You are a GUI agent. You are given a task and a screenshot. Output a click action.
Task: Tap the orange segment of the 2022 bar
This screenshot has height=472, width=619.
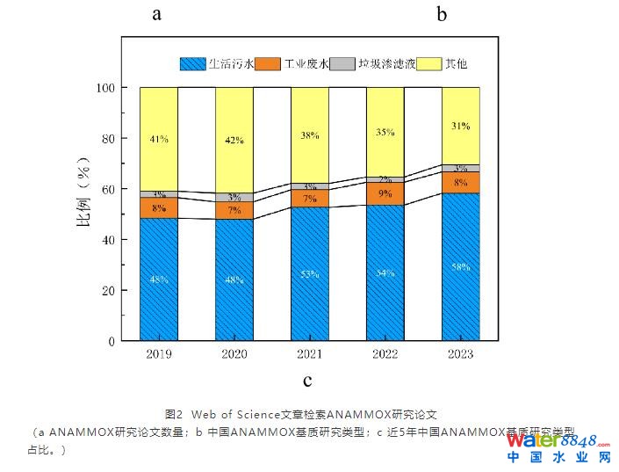coord(385,193)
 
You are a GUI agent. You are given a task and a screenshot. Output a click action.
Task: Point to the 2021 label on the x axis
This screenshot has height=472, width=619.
coord(310,354)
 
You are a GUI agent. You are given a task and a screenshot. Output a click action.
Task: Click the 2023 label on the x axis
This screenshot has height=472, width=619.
coord(460,354)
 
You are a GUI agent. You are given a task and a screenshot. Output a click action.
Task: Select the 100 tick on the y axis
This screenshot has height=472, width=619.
coord(105,88)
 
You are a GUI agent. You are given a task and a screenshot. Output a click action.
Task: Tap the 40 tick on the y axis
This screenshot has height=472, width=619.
coord(109,240)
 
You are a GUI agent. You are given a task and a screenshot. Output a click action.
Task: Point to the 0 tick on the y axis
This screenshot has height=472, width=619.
coord(112,341)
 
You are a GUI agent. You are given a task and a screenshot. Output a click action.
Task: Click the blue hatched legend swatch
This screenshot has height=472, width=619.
coord(192,63)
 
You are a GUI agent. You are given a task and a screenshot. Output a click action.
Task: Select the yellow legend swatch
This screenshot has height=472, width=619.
coord(428,63)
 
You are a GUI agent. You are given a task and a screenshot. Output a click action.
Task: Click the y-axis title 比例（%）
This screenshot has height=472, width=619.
coord(87,214)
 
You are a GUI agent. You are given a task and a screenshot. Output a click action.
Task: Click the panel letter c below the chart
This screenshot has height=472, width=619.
coord(307,381)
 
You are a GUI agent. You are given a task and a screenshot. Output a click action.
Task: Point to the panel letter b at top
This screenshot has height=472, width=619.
coord(442,14)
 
